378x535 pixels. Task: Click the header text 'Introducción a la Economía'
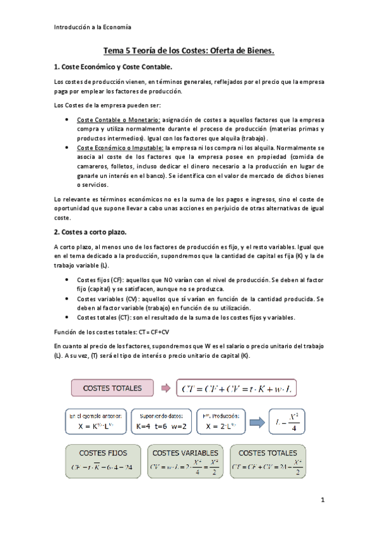click(92, 27)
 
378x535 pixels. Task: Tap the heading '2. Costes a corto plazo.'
click(91, 233)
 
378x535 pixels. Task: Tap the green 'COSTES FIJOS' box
click(104, 461)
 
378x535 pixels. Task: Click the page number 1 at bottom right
click(322, 500)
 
